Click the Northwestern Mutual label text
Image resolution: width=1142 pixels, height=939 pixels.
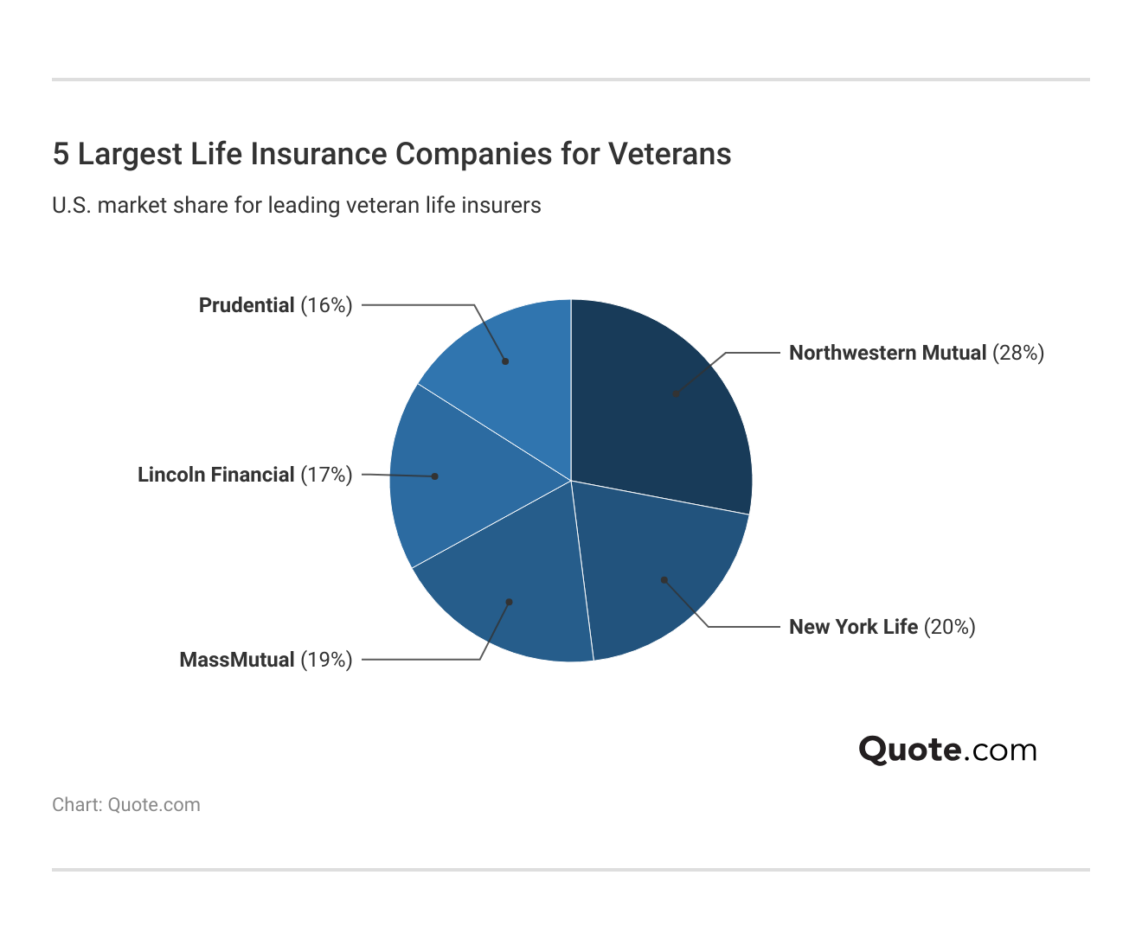888,353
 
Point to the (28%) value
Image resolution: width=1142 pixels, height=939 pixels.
1018,353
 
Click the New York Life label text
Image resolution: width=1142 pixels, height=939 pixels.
853,627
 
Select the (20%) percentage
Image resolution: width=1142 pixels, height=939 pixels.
950,627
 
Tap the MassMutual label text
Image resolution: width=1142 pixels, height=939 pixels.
237,660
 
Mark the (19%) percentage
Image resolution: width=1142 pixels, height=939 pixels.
326,660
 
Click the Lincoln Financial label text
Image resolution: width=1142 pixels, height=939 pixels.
216,475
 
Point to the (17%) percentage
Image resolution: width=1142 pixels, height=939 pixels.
326,475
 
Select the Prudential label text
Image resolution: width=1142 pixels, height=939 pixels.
247,305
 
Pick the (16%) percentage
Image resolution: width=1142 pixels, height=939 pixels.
326,305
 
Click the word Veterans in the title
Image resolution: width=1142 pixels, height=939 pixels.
670,154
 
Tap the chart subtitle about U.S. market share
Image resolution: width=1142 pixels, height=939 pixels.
297,206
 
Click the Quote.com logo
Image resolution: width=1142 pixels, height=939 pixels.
947,750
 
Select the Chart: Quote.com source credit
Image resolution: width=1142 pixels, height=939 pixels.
126,805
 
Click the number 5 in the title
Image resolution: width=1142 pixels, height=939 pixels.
61,154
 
